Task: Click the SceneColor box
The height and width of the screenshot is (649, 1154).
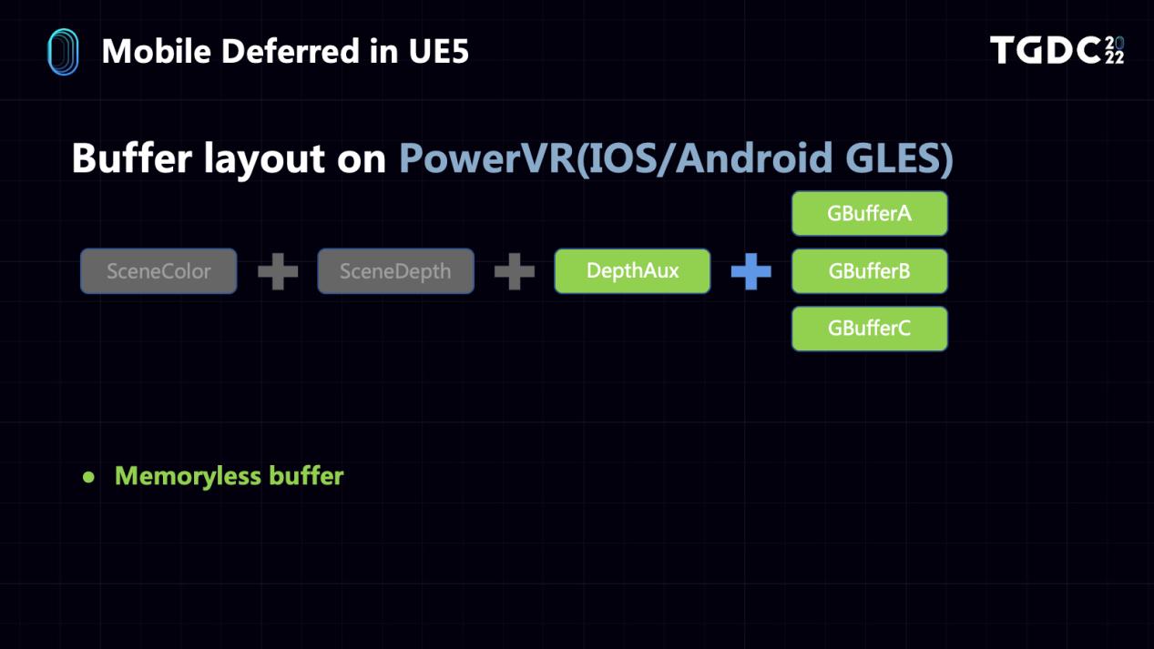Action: tap(158, 271)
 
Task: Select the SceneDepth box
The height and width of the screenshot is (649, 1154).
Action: tap(395, 271)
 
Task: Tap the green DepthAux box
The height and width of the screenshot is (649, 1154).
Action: tap(632, 271)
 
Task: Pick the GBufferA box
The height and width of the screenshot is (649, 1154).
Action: tap(870, 214)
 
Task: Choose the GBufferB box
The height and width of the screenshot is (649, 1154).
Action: tap(870, 271)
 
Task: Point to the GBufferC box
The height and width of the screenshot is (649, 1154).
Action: tap(870, 329)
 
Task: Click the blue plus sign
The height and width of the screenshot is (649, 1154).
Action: tap(751, 271)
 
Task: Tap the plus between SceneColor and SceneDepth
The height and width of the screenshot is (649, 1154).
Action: tap(278, 271)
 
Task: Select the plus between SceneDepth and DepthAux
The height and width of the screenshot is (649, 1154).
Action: tap(514, 271)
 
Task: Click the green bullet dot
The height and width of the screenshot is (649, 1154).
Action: tap(88, 477)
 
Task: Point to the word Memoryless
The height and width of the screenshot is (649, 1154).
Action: tap(188, 476)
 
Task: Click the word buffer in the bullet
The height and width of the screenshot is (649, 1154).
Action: tap(306, 475)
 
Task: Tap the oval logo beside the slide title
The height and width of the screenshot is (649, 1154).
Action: tap(63, 52)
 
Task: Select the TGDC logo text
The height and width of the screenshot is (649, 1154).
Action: tap(1057, 50)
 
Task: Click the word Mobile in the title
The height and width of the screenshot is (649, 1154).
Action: tap(157, 51)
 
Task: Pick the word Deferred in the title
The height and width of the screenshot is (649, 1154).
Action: tap(291, 51)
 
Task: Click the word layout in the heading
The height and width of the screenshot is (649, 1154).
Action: tap(264, 158)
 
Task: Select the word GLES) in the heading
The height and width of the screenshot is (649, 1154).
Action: tap(899, 158)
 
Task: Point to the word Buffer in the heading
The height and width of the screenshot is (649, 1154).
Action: tap(132, 157)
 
